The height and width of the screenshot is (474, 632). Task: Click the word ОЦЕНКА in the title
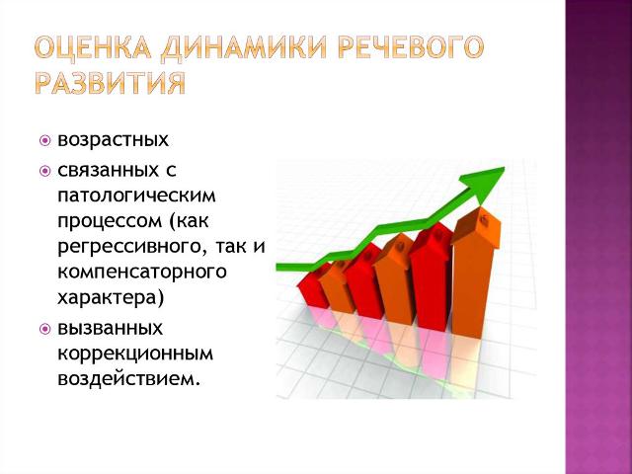click(93, 48)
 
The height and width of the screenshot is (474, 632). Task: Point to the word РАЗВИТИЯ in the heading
click(111, 83)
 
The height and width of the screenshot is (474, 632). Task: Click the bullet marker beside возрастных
click(45, 141)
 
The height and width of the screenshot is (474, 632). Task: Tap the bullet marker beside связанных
click(45, 171)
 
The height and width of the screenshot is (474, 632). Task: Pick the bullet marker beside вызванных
click(45, 329)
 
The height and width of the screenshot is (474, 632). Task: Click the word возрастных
click(114, 140)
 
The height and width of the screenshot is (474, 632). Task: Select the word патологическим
click(136, 196)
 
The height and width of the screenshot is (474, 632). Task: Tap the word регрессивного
click(132, 247)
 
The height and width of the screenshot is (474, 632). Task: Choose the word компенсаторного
click(142, 273)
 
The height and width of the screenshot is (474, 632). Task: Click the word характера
click(108, 298)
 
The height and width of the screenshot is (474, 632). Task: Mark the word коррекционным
click(135, 355)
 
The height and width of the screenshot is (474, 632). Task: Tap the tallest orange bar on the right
click(474, 275)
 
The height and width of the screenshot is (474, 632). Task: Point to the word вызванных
click(110, 329)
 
